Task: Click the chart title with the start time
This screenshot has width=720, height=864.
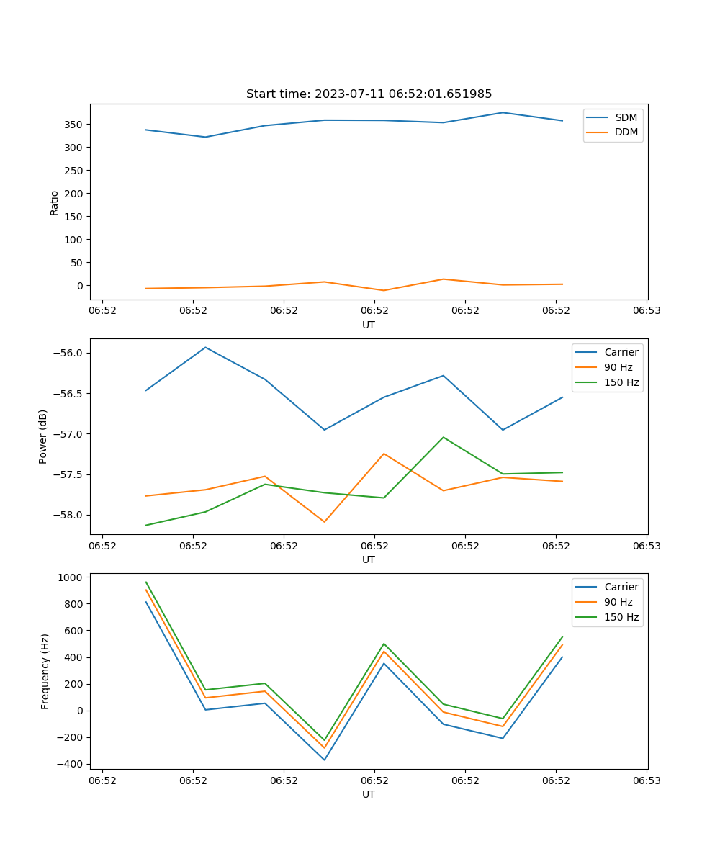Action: (369, 94)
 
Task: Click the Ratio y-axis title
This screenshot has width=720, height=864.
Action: (55, 202)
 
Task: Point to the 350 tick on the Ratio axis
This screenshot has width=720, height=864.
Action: (74, 125)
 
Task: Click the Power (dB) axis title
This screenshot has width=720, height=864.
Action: (43, 436)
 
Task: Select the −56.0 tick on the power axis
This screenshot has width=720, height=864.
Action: (68, 353)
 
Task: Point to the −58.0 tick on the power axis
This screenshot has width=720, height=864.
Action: (68, 515)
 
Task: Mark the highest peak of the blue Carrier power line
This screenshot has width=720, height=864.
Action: (206, 348)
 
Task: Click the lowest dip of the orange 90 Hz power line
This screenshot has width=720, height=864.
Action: (324, 521)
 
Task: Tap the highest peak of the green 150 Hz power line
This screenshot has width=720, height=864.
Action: (444, 437)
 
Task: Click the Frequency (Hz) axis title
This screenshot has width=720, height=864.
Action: (45, 671)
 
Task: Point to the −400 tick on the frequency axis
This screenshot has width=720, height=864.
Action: (71, 764)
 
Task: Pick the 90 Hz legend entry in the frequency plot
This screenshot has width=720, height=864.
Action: (618, 602)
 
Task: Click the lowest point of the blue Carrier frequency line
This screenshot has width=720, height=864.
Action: (324, 760)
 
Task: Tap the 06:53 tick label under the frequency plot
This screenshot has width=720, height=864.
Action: (647, 780)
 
